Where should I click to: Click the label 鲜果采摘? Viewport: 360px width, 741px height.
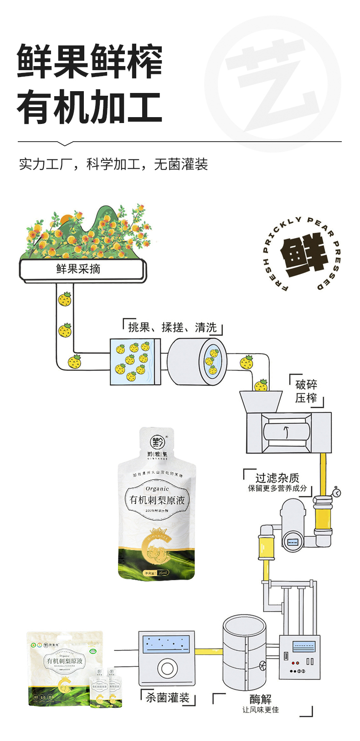(x=78, y=269)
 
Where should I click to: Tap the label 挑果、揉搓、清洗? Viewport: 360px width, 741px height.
(x=172, y=328)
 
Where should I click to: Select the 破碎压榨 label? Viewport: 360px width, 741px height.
(x=306, y=391)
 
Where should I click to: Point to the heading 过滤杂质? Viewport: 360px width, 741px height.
(x=277, y=478)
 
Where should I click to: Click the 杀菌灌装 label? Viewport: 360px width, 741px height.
(x=167, y=698)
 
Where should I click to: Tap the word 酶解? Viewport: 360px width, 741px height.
(x=261, y=699)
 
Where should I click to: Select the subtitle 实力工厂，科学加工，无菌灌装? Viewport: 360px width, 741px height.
(x=113, y=164)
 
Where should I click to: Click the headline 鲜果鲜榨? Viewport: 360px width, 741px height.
(x=90, y=62)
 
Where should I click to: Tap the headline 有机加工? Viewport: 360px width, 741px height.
(x=90, y=108)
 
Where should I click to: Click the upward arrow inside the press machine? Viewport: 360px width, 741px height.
(x=286, y=432)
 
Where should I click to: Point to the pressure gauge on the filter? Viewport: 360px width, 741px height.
(x=336, y=492)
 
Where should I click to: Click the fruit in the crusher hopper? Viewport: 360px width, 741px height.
(x=261, y=386)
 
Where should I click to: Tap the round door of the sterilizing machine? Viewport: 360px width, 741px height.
(x=167, y=669)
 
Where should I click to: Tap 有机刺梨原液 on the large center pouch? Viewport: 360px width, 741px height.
(x=157, y=500)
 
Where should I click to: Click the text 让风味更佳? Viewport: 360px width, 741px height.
(x=261, y=710)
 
